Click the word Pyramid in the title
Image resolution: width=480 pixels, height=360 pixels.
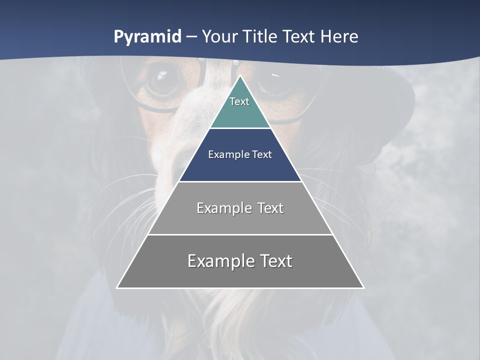pyautogui.click(x=147, y=37)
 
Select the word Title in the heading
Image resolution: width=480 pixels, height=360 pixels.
pyautogui.click(x=261, y=37)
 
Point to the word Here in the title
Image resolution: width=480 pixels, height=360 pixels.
pyautogui.click(x=339, y=37)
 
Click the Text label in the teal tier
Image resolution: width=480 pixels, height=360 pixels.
pyautogui.click(x=239, y=101)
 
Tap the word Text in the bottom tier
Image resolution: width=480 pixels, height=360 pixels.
pyautogui.click(x=275, y=261)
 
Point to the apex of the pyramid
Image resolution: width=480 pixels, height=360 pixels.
pyautogui.click(x=240, y=76)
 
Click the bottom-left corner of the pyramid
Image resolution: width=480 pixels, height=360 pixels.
pyautogui.click(x=118, y=287)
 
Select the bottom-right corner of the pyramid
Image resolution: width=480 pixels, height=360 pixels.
pyautogui.click(x=363, y=287)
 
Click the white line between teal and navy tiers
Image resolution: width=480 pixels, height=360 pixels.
pyautogui.click(x=240, y=128)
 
